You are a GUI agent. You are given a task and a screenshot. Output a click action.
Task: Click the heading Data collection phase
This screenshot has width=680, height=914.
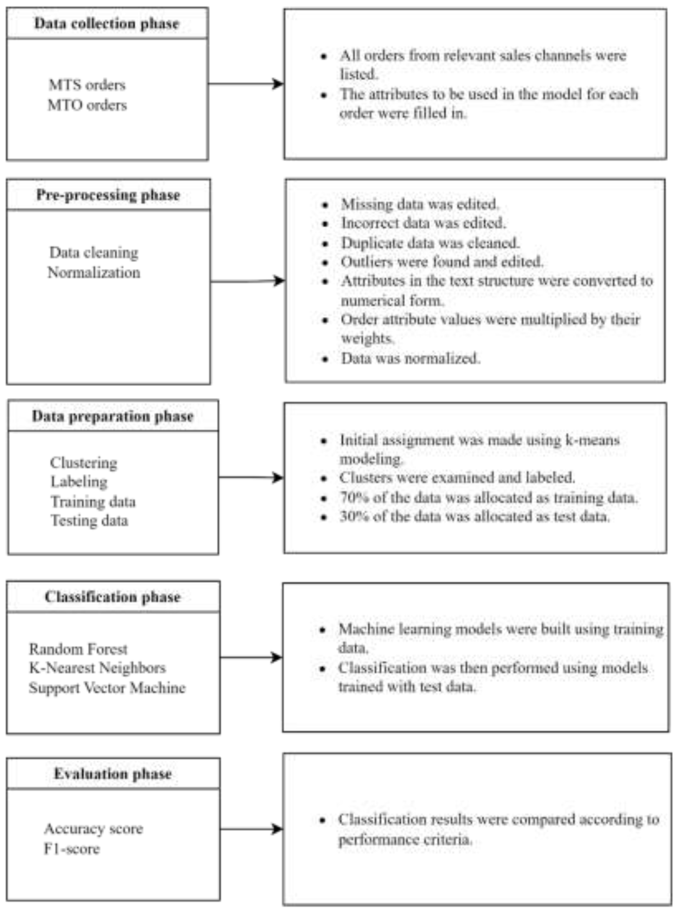[107, 24]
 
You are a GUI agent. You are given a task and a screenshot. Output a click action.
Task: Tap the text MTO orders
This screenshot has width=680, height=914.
[87, 105]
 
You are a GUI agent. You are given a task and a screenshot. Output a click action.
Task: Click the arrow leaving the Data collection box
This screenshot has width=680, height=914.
[246, 84]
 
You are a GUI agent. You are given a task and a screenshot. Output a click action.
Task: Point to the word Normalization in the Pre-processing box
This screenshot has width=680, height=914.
[94, 273]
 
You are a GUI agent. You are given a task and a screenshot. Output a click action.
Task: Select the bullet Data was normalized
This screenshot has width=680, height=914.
[410, 358]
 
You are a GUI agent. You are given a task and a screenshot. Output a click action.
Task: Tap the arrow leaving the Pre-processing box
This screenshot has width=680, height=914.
[247, 282]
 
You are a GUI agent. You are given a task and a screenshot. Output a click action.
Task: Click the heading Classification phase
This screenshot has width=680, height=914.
[112, 597]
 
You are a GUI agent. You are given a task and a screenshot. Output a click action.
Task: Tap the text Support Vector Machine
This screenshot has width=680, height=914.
[107, 688]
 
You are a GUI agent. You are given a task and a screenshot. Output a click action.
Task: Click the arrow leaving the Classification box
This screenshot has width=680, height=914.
[251, 657]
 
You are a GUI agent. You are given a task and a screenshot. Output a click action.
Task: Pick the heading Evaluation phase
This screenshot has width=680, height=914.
[112, 774]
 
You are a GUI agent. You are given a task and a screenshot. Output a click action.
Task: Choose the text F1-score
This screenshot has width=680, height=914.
[72, 849]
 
